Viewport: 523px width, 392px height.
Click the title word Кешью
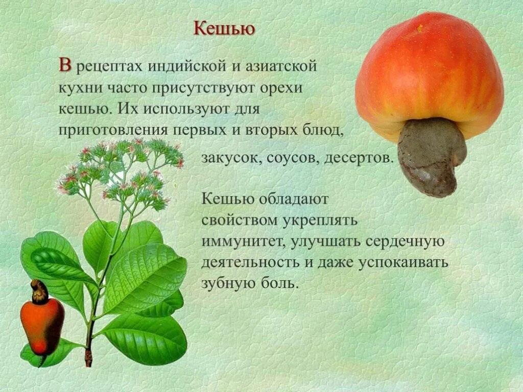point(224,29)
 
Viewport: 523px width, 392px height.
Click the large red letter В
point(65,66)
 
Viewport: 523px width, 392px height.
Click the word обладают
point(293,199)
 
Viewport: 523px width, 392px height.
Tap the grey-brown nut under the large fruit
point(431,156)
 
